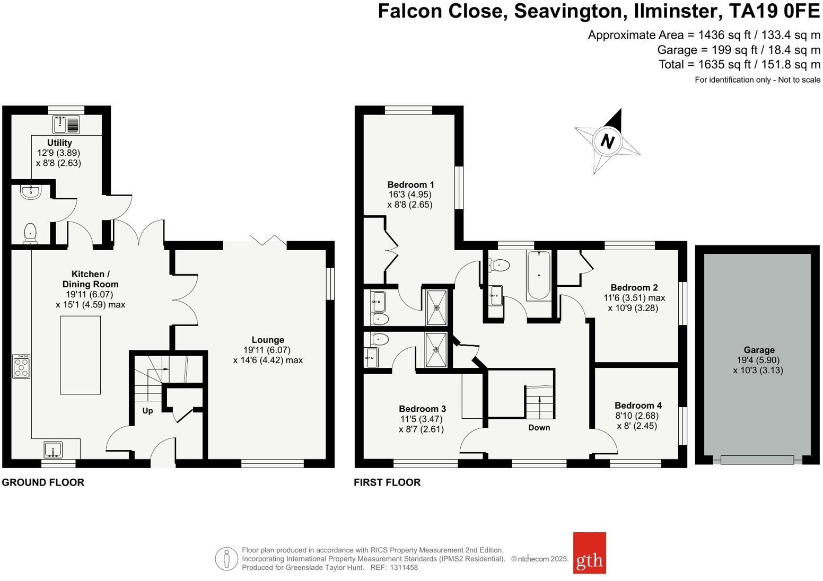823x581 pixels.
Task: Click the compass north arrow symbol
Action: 607,141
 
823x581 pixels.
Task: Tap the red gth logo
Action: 589,553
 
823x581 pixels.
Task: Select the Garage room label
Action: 759,350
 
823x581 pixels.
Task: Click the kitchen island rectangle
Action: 80,355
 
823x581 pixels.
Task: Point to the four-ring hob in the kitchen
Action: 21,366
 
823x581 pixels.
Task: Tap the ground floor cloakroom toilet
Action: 31,233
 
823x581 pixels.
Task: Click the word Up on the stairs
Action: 147,410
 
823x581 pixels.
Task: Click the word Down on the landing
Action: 539,427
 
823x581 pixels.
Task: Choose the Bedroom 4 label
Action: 638,406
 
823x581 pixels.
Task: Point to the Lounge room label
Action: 268,340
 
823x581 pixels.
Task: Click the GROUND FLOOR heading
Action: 43,482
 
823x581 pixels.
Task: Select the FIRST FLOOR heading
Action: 387,482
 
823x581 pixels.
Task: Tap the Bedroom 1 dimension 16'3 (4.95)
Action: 410,195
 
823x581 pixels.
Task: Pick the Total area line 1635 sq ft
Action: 739,65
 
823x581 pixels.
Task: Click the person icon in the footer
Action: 226,559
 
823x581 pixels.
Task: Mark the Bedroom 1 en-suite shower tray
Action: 437,307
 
